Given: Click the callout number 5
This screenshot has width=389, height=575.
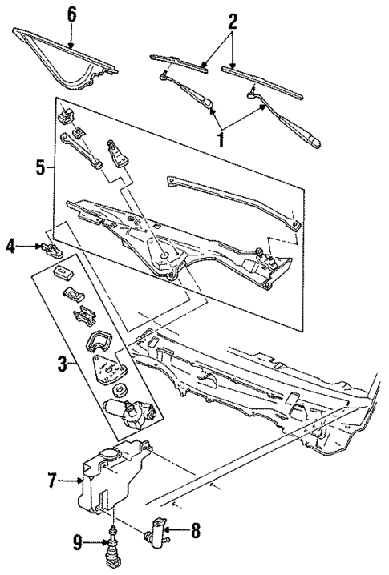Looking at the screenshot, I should click(43, 170).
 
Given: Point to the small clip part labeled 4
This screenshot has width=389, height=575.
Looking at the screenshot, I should click(51, 248).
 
